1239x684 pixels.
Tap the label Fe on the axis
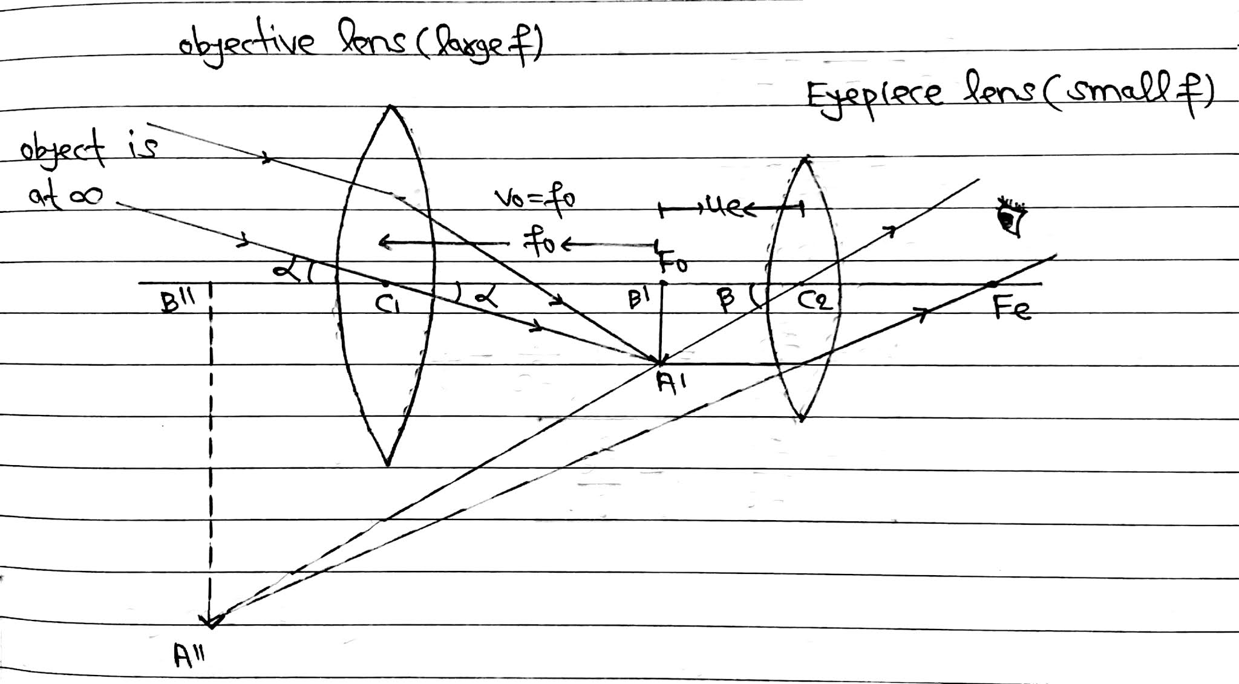pos(1012,310)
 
